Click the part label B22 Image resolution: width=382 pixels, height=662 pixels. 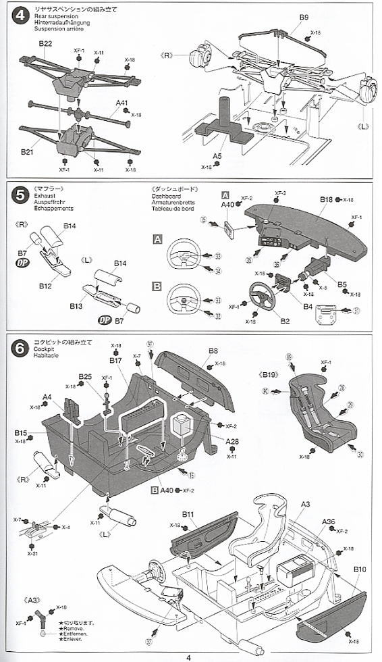tap(45, 43)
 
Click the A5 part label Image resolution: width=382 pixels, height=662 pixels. tap(217, 156)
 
